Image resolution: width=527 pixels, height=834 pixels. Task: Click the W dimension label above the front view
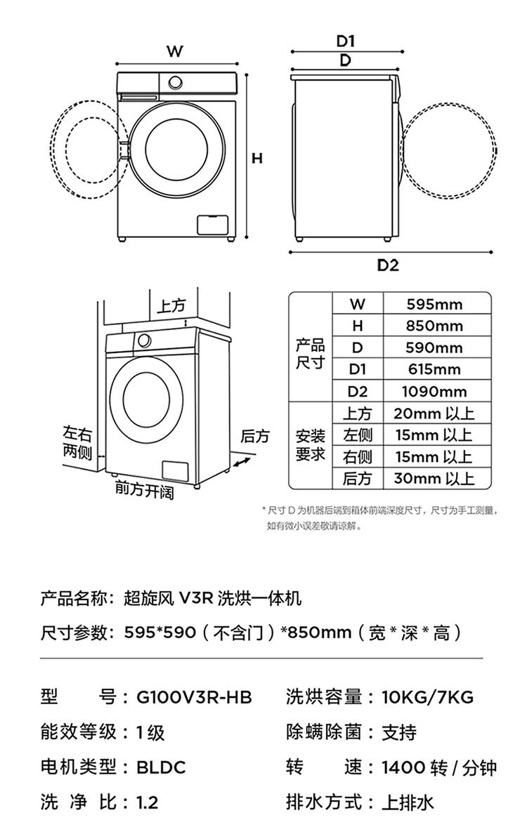[x=175, y=51]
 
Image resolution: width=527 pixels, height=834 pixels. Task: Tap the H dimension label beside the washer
[x=257, y=159]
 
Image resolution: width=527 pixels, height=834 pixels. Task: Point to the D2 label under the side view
[x=388, y=265]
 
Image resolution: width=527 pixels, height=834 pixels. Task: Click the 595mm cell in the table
[x=434, y=305]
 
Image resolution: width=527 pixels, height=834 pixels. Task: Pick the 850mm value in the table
[x=434, y=326]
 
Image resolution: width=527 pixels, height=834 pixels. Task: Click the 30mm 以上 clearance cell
[x=434, y=479]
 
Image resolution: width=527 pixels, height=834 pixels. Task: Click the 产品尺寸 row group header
[x=310, y=354]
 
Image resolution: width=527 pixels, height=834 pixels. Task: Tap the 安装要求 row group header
[x=310, y=445]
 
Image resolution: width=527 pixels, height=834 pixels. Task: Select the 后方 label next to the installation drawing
[x=254, y=436]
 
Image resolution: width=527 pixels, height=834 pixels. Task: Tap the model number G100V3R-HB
[x=195, y=698]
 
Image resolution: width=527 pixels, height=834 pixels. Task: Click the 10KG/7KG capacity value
[x=427, y=698]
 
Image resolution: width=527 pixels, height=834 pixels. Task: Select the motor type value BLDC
[x=161, y=767]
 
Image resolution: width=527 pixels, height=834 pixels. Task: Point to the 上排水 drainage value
[x=408, y=802]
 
